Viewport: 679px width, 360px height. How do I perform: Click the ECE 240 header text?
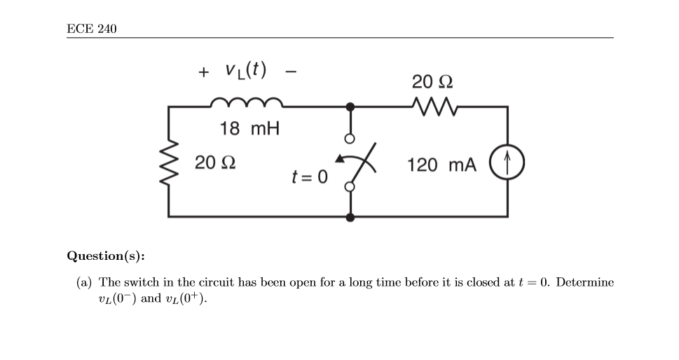point(92,29)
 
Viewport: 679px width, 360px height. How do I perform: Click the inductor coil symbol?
point(247,103)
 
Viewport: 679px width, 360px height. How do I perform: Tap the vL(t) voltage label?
point(245,70)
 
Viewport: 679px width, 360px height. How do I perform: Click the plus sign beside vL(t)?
point(203,71)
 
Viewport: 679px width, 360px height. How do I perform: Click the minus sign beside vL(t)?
point(290,71)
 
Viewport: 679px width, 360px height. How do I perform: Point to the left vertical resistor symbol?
point(170,162)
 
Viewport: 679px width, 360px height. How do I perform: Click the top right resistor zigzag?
point(436,106)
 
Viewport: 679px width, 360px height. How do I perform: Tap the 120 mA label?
point(441,165)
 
